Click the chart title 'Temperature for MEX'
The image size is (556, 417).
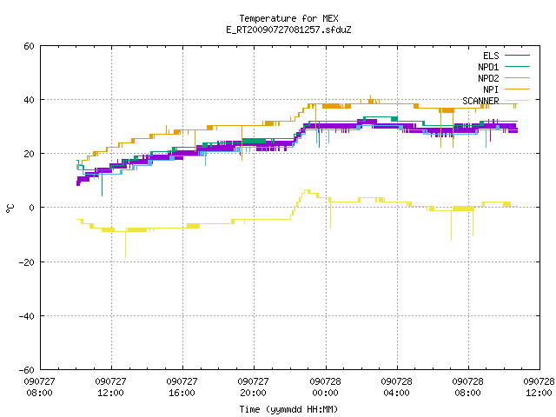[x=288, y=18]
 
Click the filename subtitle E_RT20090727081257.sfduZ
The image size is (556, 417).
[x=288, y=30]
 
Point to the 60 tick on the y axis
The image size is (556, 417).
[x=29, y=46]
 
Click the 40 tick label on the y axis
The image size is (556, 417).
[x=29, y=100]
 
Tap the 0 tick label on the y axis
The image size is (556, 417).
[x=31, y=208]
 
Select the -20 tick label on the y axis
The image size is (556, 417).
[x=27, y=262]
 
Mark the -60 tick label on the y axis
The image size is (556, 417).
[x=27, y=370]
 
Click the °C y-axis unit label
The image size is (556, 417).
[x=10, y=208]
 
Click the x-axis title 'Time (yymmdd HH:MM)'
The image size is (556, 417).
[x=288, y=409]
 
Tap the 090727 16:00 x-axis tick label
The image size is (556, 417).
[x=182, y=387]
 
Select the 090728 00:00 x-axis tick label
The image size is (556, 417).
[x=325, y=387]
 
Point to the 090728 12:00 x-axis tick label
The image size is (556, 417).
[x=539, y=387]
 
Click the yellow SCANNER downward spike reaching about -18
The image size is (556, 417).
[x=125, y=245]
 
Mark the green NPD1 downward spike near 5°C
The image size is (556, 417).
[x=103, y=183]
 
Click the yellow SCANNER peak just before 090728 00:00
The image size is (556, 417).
[x=307, y=191]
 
